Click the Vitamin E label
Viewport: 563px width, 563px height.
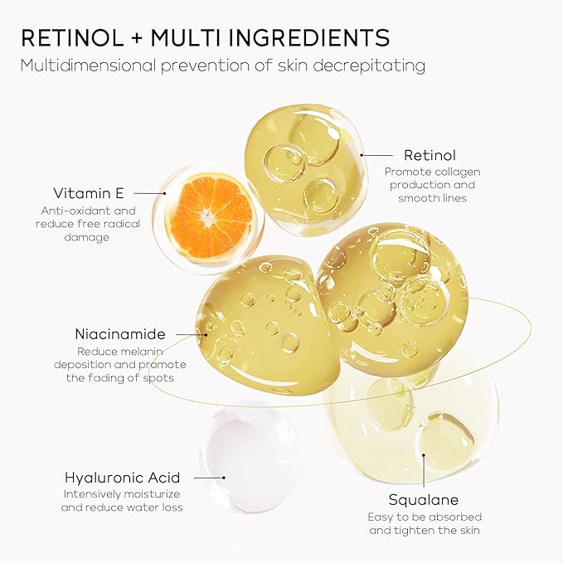point(88,193)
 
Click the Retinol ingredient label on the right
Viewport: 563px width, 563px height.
point(430,155)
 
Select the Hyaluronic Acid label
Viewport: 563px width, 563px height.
point(133,478)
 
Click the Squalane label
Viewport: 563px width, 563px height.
point(423,500)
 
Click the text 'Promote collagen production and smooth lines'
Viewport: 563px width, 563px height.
point(432,185)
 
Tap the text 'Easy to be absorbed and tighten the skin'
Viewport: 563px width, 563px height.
point(424,524)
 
